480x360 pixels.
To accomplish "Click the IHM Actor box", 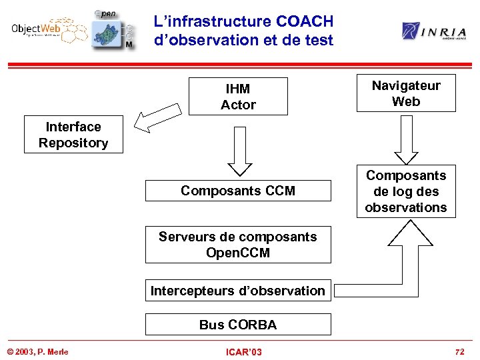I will pos(238,97).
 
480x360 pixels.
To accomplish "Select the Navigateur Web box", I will pos(405,93).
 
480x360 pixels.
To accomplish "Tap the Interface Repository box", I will pos(73,135).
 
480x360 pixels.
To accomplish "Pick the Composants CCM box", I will pos(238,191).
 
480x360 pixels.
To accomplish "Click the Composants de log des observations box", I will pos(405,191).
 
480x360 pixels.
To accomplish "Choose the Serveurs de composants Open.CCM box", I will pos(238,245).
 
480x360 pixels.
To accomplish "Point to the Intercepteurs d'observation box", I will pos(238,291).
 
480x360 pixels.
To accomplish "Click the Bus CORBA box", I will pos(238,325).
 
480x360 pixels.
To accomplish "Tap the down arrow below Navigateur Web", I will pos(405,138).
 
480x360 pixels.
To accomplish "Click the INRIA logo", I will pos(433,31).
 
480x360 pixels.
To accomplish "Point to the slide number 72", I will pos(459,351).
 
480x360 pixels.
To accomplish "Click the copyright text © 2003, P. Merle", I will pos(38,351).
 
